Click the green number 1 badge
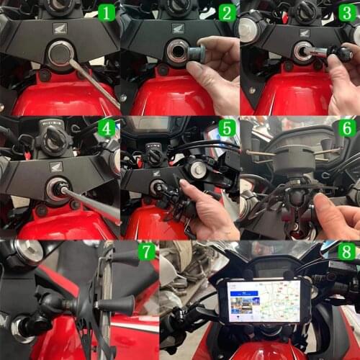coord(106,12)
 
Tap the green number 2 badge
coord(227,12)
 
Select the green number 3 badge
coord(347,12)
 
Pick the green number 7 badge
coord(146,253)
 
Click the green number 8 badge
coord(347,253)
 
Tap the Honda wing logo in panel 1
coord(57,28)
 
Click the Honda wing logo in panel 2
coord(178,28)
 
